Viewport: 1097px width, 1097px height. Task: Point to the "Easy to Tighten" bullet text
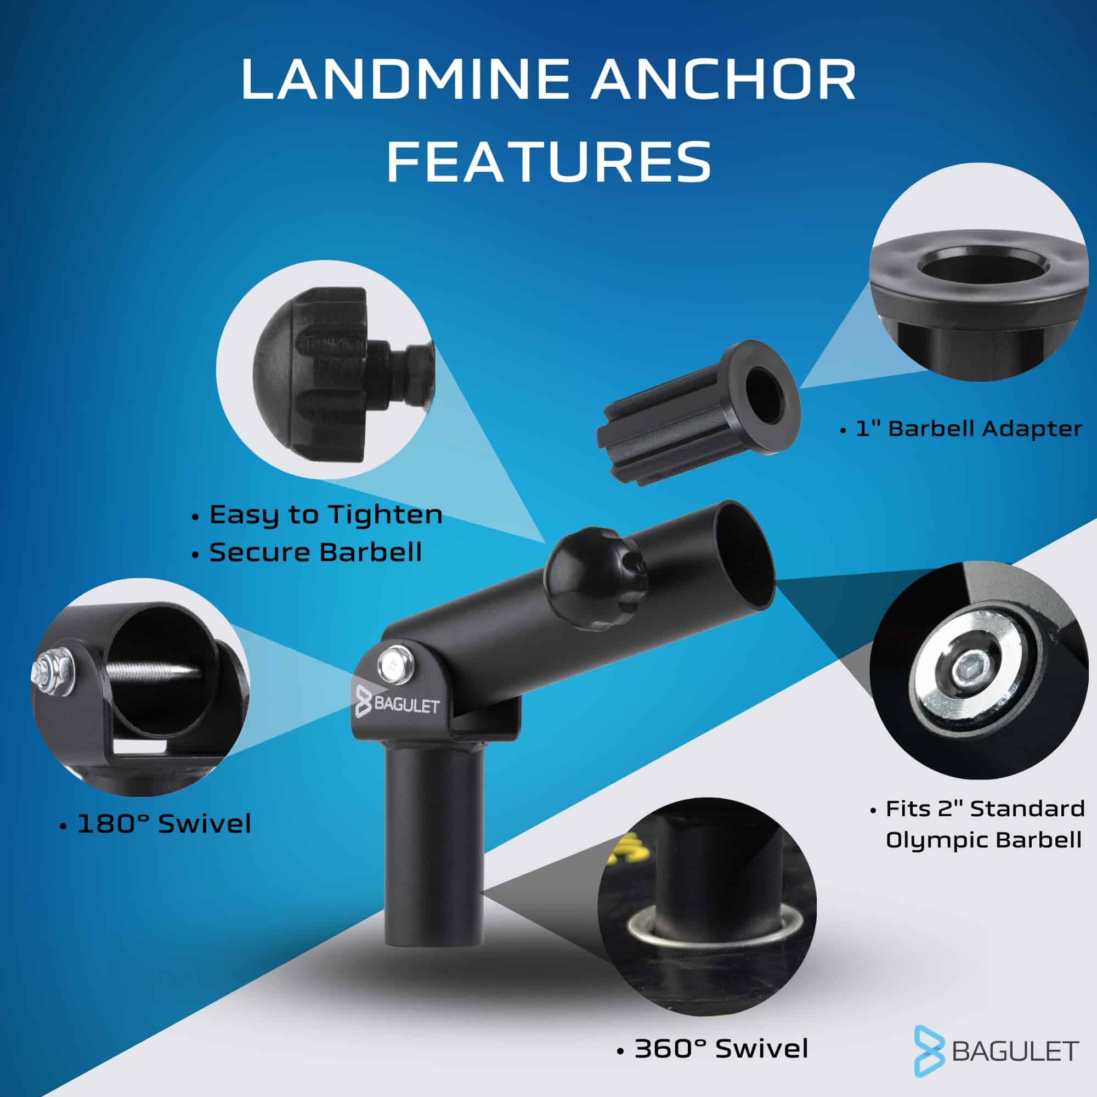point(325,515)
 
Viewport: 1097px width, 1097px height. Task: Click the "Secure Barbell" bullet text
point(315,552)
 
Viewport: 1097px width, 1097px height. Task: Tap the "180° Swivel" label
point(163,824)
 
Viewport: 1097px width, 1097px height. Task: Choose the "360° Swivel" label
point(721,1049)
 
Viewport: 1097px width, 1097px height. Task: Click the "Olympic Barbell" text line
point(983,840)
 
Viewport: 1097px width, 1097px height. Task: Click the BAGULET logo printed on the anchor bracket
point(398,706)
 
